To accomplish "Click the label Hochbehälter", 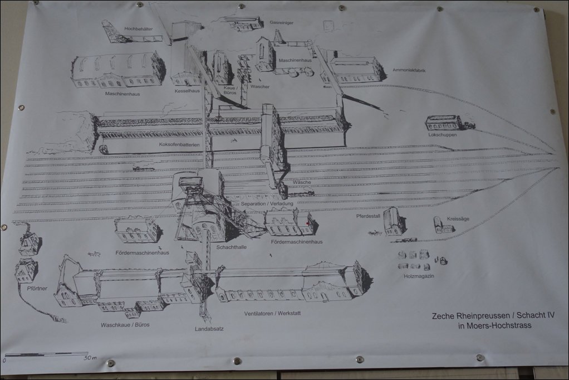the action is point(138,29).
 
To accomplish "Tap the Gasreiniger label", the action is point(282,22).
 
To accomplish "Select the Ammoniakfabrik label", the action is point(409,70).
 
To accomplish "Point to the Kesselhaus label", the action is point(187,91).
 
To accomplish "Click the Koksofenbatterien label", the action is point(179,144).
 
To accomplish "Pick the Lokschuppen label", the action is point(443,135).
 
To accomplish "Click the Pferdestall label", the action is point(368,216).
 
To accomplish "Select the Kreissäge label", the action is point(458,219).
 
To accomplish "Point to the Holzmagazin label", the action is point(419,276).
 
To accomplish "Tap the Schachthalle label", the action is point(232,247).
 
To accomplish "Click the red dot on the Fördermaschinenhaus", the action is point(307,223).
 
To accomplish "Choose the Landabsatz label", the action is point(209,329).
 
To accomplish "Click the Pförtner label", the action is point(37,289).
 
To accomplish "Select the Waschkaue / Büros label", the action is point(125,325).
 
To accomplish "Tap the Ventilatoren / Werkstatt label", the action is point(272,314).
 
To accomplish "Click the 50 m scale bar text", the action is point(90,358).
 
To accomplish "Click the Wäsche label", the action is point(302,193).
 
